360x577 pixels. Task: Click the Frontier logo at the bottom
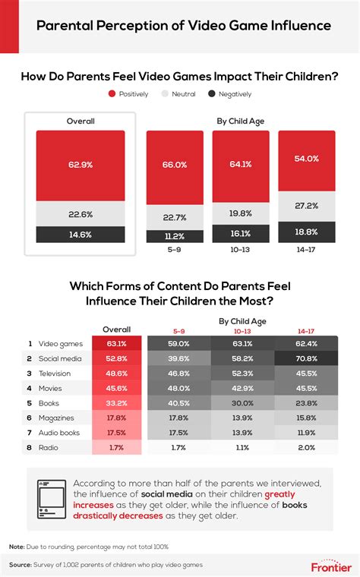pyautogui.click(x=330, y=566)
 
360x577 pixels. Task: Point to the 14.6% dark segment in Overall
pyautogui.click(x=80, y=235)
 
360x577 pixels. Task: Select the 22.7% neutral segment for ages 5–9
pyautogui.click(x=175, y=217)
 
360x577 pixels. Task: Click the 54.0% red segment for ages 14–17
pyautogui.click(x=307, y=158)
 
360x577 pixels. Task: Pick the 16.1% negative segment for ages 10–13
pyautogui.click(x=240, y=234)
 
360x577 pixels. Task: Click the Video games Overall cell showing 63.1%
pyautogui.click(x=117, y=343)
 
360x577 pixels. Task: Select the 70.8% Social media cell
pyautogui.click(x=307, y=359)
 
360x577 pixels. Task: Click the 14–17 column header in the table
pyautogui.click(x=307, y=331)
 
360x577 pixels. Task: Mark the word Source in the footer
pyautogui.click(x=22, y=566)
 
